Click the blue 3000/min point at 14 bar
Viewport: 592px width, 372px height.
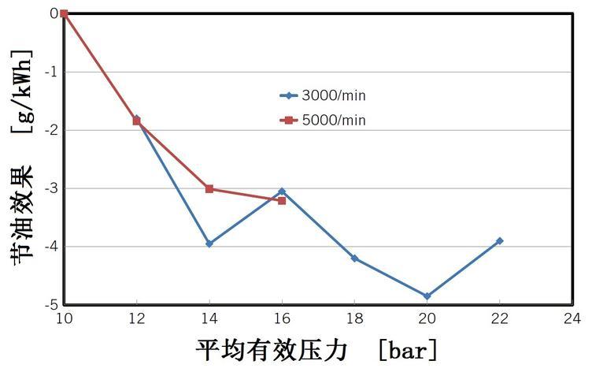[x=209, y=244]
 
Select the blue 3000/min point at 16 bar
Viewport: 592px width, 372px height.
[x=282, y=192]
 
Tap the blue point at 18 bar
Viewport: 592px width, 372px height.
[x=354, y=259]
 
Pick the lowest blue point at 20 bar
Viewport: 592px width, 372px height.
[x=427, y=296]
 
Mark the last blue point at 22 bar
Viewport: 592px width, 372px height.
[x=499, y=240]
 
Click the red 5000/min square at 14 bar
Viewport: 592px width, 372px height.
[x=209, y=188]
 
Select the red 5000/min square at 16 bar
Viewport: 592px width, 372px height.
[x=282, y=200]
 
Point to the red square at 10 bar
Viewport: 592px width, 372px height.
[x=64, y=13]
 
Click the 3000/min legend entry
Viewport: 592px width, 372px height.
[x=323, y=96]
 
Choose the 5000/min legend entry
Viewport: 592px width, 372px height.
[x=323, y=121]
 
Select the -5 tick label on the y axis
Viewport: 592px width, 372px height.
[x=50, y=304]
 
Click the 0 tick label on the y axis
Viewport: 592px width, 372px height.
[x=54, y=13]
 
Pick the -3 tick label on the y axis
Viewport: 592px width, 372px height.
[x=50, y=188]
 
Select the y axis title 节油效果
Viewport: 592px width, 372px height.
[x=21, y=214]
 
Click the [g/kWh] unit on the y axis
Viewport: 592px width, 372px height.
[x=21, y=91]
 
